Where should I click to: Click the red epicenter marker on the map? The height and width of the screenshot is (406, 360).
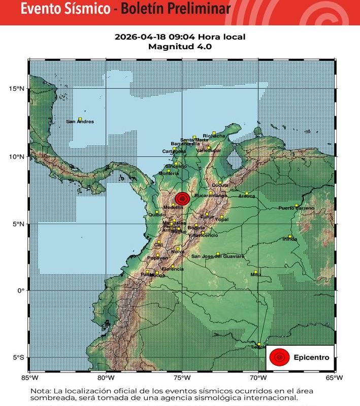(x=182, y=199)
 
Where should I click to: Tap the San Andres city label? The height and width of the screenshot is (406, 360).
(x=80, y=122)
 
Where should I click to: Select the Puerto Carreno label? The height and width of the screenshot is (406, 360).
(x=296, y=209)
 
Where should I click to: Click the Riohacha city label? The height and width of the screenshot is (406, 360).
(x=213, y=136)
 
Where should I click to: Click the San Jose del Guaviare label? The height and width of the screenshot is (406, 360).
(x=217, y=257)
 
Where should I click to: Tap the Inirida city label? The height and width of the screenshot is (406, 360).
(x=289, y=240)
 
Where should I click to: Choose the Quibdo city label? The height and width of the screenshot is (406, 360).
(x=157, y=215)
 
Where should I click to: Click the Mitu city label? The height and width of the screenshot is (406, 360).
(x=255, y=275)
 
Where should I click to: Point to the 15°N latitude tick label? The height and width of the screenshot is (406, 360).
(x=17, y=89)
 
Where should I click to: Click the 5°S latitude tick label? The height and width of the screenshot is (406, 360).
(x=18, y=358)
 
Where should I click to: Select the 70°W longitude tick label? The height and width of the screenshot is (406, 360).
(x=258, y=378)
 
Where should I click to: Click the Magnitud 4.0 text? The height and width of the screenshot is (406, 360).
(x=180, y=46)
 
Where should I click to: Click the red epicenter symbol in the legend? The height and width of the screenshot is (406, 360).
(x=279, y=357)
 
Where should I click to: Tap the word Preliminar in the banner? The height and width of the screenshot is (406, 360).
(x=197, y=9)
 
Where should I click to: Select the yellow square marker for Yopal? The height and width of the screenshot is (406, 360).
(x=221, y=217)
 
